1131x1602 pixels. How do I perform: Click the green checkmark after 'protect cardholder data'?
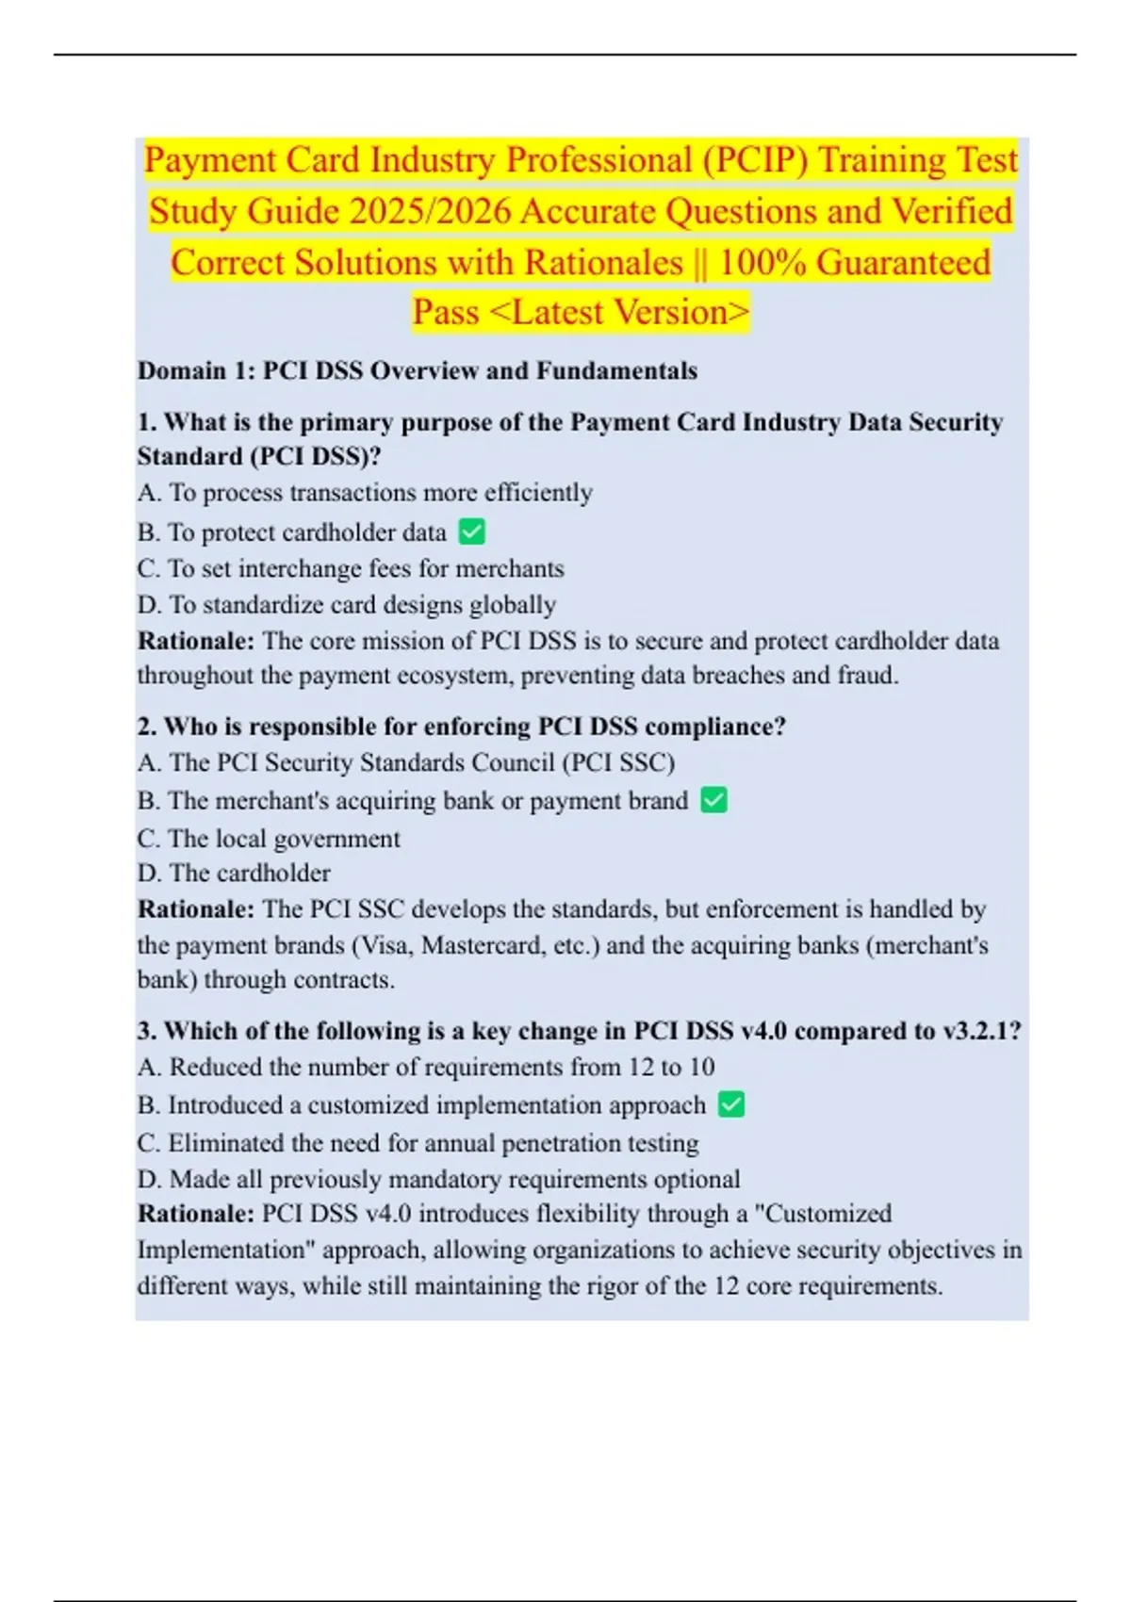point(471,532)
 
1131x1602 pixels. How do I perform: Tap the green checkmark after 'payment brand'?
point(714,801)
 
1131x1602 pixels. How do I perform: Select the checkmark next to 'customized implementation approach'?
point(731,1104)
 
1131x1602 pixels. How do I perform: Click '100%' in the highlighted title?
point(762,262)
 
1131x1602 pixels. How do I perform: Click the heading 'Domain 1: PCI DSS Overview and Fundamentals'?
point(418,370)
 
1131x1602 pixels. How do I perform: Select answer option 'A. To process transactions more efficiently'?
point(365,493)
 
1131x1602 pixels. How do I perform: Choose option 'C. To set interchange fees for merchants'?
point(351,568)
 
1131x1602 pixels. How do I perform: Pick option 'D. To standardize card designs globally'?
point(347,604)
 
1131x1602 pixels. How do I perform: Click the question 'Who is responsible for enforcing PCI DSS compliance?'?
point(462,727)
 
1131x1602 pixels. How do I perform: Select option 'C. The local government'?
point(269,839)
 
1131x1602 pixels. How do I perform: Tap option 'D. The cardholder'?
point(234,873)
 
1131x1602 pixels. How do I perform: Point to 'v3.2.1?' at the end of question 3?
point(982,1031)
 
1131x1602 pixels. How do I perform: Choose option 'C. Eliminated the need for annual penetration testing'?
point(418,1143)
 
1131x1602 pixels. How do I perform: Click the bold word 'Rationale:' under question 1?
point(196,641)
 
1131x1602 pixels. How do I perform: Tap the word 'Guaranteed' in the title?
point(903,262)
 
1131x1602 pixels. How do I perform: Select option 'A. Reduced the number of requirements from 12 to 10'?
point(426,1067)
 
